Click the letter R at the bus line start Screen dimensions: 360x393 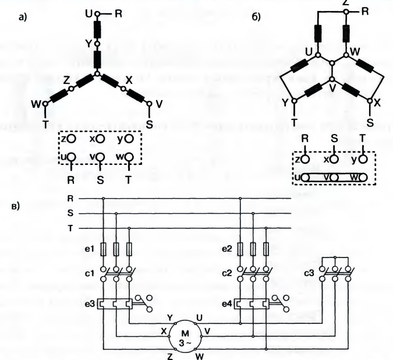coord(70,199)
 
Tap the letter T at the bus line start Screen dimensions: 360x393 coord(70,228)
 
